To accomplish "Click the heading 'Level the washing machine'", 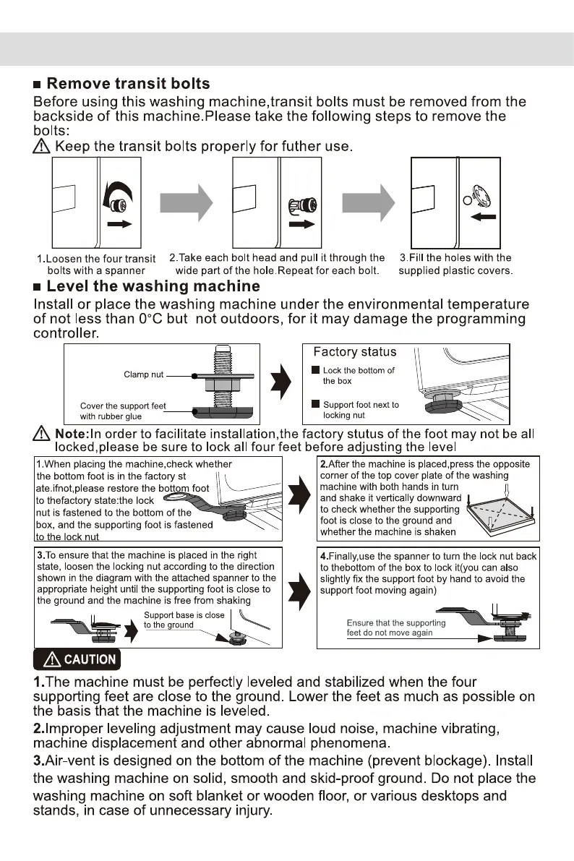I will click(x=153, y=286).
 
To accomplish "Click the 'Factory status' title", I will click(x=354, y=352).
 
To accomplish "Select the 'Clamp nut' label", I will click(x=144, y=374).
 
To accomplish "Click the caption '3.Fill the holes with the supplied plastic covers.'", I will click(x=455, y=265).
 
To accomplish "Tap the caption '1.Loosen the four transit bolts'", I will click(x=95, y=265).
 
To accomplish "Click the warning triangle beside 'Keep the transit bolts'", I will click(x=42, y=147).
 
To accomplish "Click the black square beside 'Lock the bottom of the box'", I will click(x=315, y=371).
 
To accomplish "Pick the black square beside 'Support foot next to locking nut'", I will click(x=315, y=405).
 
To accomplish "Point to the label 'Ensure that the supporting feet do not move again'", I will click(x=396, y=627).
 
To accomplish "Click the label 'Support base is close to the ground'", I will click(x=184, y=620).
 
